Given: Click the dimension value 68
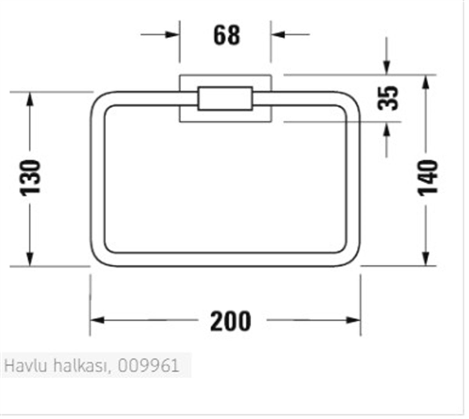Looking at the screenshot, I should [x=226, y=35].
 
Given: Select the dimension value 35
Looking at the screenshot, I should [x=388, y=98].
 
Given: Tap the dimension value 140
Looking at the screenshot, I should [x=428, y=177].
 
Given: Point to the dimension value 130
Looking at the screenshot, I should [x=30, y=177].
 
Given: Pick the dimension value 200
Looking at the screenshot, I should [x=231, y=321].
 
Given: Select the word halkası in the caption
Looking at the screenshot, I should [x=84, y=366].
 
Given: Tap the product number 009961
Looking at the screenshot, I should [x=149, y=366].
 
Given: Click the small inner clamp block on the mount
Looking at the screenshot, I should [x=225, y=98].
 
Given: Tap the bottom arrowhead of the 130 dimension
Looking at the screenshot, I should [x=30, y=260].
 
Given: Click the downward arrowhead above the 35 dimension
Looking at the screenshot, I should [x=387, y=68].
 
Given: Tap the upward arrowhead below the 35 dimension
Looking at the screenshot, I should [x=387, y=129].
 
